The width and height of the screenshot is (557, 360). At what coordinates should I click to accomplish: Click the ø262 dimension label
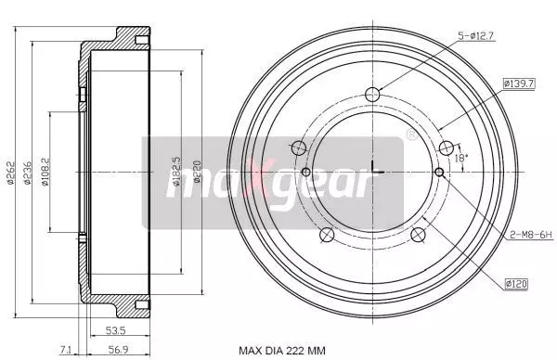point(11,173)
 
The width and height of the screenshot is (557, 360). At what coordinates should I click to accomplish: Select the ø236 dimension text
point(27,173)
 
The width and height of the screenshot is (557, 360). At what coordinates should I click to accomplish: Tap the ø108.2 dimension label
point(45,172)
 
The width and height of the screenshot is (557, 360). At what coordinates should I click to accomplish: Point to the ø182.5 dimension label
point(176,172)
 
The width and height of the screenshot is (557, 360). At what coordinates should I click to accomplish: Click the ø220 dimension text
point(198,172)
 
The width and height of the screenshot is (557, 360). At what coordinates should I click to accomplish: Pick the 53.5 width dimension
point(116,330)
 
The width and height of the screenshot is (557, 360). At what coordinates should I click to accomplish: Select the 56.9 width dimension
point(118,350)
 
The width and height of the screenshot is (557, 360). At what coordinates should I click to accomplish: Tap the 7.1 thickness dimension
point(66,350)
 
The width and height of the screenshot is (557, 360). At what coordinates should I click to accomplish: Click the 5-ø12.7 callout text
point(476,36)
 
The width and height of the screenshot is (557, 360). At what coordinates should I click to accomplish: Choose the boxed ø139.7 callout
point(519,84)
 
